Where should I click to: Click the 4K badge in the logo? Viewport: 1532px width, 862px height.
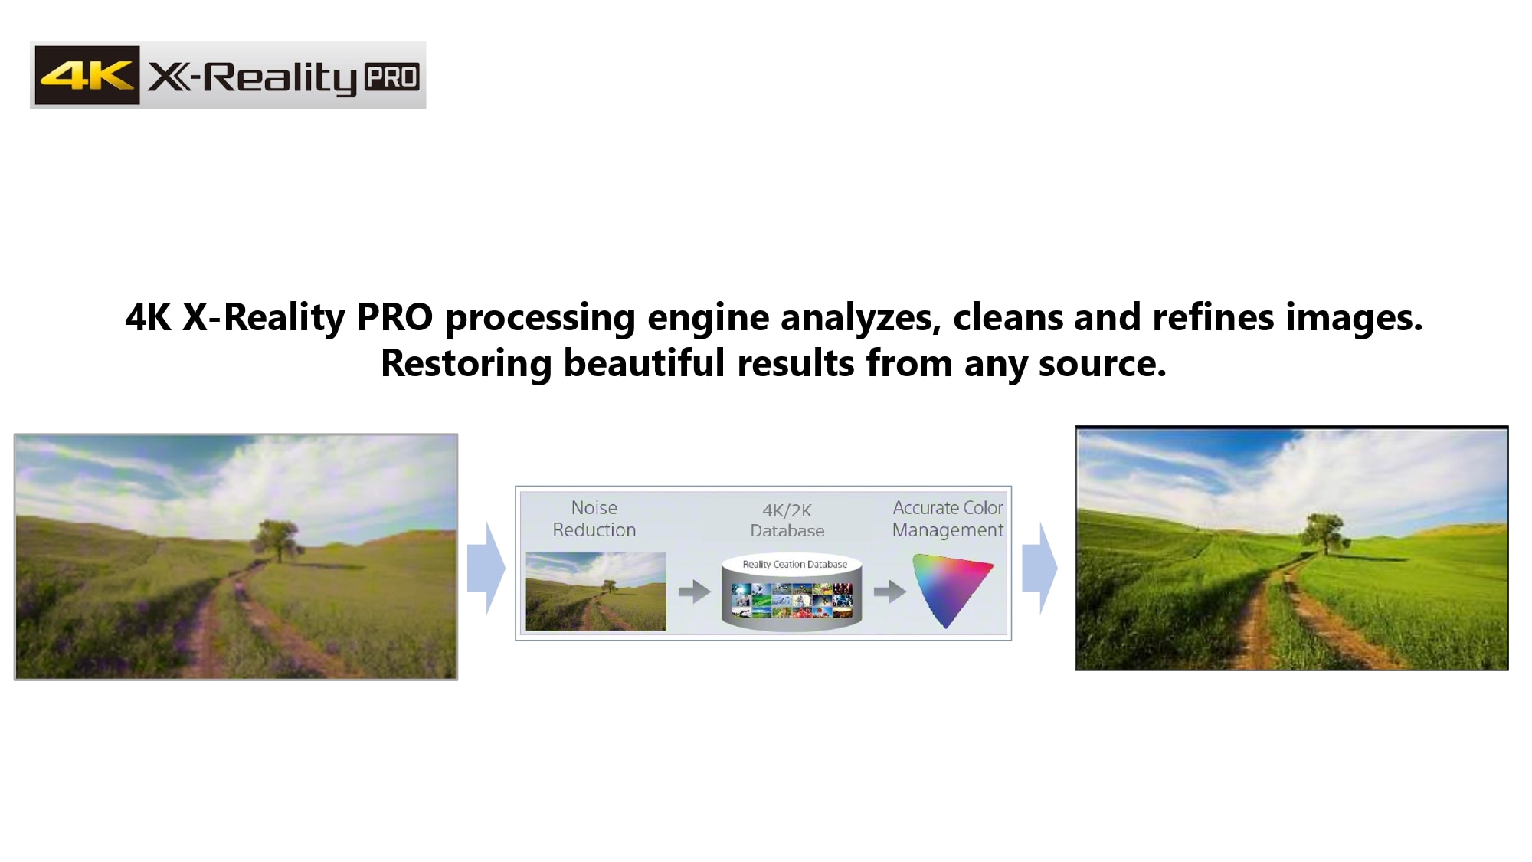coord(87,75)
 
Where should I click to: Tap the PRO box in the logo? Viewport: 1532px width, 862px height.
coord(391,77)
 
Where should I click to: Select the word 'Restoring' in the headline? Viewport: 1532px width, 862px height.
coord(466,363)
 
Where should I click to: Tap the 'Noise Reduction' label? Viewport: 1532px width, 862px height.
coord(594,519)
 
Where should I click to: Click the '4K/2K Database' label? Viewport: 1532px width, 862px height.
coord(787,520)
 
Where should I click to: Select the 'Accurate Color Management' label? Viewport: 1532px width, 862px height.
coord(948,519)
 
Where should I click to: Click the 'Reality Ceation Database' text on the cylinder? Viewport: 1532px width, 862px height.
coord(794,565)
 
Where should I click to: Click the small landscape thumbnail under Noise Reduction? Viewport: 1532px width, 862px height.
coord(596,592)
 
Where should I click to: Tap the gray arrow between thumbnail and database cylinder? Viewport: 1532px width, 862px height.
coord(694,592)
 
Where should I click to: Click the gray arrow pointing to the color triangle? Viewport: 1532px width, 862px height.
coord(889,592)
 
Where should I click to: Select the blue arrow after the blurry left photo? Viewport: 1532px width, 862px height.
coord(486,568)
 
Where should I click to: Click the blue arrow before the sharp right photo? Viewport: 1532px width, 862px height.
coord(1039,568)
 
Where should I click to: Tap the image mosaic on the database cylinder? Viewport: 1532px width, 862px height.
coord(791,600)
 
